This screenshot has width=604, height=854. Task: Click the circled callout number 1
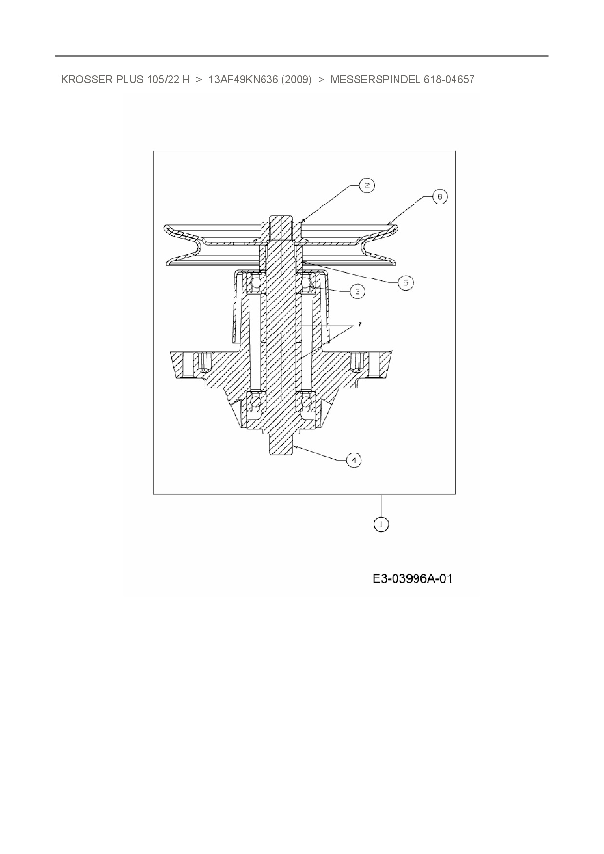point(381,524)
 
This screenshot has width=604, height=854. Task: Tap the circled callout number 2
point(366,185)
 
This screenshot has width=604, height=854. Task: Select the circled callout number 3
point(358,291)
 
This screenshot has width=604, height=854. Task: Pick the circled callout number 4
point(354,460)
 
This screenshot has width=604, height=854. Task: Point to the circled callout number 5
point(406,282)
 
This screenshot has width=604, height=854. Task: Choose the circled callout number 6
point(440,197)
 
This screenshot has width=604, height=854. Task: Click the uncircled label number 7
point(360,325)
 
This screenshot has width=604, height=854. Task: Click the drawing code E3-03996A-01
point(413,579)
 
